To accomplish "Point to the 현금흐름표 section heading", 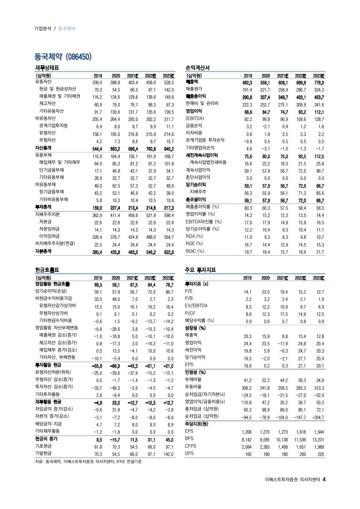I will (x=48, y=270).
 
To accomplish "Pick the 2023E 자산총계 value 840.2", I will (x=168, y=148).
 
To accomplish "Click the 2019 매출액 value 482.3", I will (x=245, y=82).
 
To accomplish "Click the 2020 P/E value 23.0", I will (x=265, y=292).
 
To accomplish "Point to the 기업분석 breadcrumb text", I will (x=43, y=28).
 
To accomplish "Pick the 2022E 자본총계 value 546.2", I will (x=150, y=251).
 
